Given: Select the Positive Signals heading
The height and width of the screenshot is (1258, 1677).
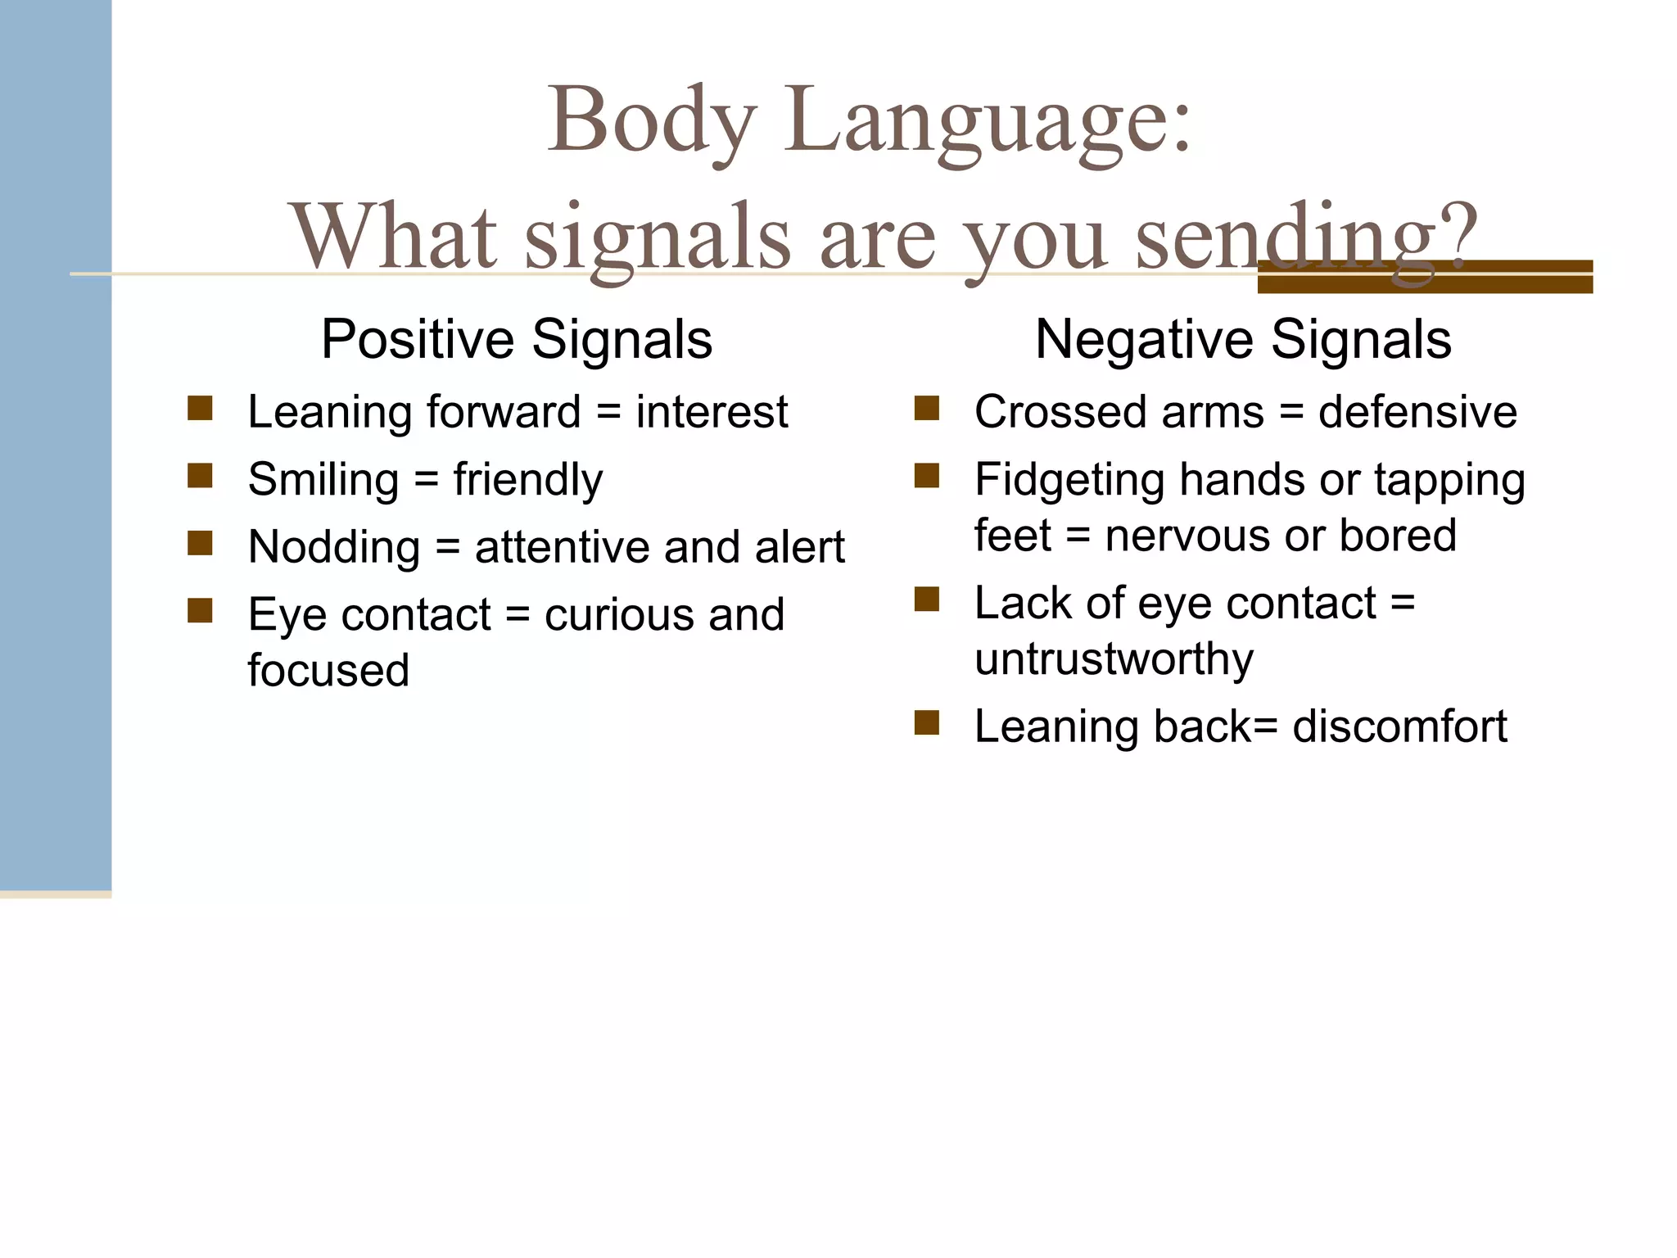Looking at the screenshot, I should [516, 339].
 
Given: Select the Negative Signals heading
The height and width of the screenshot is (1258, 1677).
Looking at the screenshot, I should [1242, 339].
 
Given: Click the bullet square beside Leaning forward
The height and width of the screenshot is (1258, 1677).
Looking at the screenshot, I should [200, 408].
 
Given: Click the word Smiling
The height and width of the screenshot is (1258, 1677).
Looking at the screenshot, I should [323, 479].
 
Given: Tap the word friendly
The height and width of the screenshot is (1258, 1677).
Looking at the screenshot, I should [527, 479].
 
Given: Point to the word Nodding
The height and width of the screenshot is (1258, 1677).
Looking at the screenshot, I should [333, 547].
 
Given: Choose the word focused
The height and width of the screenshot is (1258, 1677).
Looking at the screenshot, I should [328, 670].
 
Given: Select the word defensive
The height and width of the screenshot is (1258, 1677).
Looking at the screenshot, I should [1417, 411].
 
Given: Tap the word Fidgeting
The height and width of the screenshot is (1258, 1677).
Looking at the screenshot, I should [1069, 479].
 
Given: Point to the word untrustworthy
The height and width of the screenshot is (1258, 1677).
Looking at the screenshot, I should [1114, 658].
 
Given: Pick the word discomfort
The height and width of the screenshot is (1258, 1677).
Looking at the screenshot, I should [1399, 726].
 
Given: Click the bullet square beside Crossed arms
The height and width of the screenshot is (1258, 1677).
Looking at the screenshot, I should [926, 408].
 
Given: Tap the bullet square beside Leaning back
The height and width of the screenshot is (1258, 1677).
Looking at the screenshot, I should [926, 723].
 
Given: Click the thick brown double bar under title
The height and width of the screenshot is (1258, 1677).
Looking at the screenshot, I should [1425, 277].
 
